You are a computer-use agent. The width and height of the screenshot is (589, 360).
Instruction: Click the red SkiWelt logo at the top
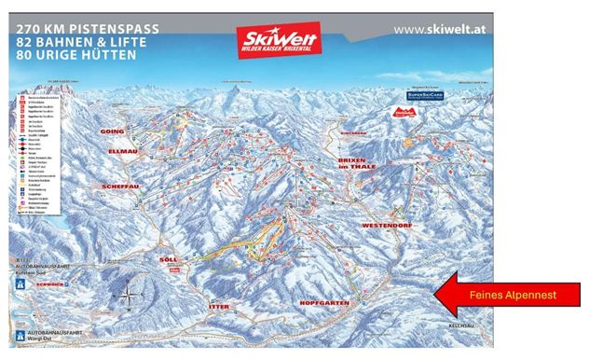tap(277, 40)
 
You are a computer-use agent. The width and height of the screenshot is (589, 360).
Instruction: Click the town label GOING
tap(112, 132)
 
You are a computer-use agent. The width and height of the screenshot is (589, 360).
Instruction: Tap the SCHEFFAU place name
tap(115, 187)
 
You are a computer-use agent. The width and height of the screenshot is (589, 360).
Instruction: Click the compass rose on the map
tap(129, 298)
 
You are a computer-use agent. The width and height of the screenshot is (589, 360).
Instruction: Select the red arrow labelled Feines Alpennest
tap(505, 294)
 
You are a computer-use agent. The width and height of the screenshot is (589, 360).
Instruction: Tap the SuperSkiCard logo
tap(424, 95)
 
